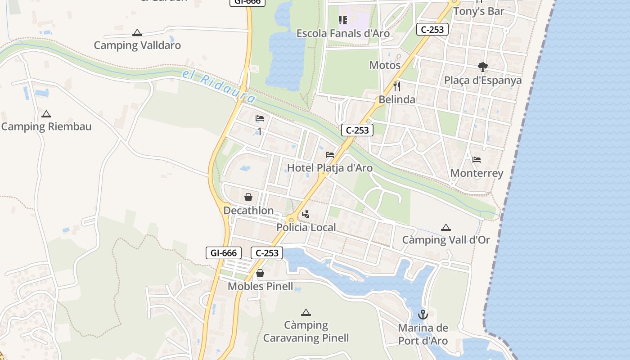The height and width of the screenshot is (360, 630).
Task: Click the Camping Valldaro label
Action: coord(137,45)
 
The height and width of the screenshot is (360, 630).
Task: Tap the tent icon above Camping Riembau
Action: coord(46,114)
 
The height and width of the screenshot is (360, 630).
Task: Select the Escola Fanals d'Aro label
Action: coord(343,33)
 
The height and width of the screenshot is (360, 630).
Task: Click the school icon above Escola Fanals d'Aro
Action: coord(343,20)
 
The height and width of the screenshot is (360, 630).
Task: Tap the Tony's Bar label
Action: coord(478,11)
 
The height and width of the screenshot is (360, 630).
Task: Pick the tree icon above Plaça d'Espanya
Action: coord(483,67)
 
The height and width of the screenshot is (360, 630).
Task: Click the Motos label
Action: coord(385,65)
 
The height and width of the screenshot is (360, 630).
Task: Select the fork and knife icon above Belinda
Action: coord(397,86)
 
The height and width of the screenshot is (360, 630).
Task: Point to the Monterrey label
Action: coord(477,173)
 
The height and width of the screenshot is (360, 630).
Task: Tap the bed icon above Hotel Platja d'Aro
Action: coord(330,155)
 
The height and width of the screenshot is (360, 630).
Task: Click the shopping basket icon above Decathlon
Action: coord(248,197)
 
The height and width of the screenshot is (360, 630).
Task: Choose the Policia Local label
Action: coord(306,228)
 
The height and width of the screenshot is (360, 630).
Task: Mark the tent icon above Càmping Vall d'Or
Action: coord(446,228)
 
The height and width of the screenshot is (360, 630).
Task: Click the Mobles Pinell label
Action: coord(260,286)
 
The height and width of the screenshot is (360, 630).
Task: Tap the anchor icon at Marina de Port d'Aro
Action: coord(423,315)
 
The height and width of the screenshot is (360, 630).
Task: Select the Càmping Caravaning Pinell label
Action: coord(306,332)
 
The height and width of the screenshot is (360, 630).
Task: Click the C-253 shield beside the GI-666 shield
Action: coord(267,253)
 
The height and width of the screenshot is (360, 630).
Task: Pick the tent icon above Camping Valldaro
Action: coord(137,32)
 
